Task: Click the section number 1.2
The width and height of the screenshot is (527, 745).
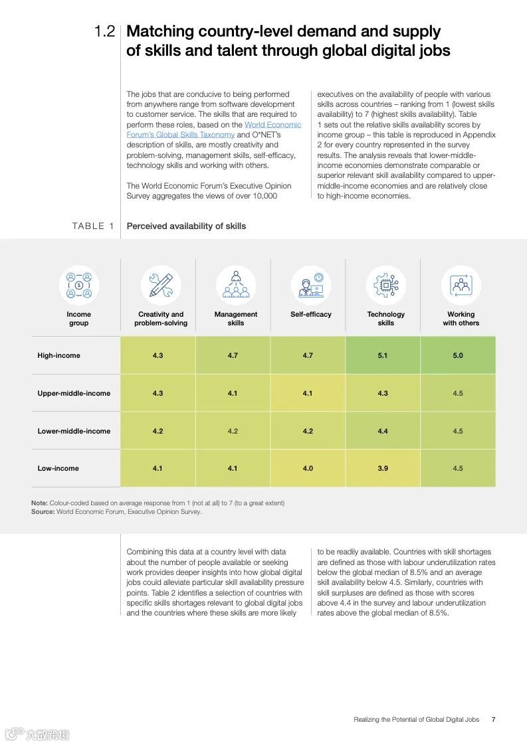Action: click(104, 32)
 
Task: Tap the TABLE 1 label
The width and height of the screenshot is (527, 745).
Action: click(93, 226)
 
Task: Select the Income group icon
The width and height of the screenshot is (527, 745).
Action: click(79, 285)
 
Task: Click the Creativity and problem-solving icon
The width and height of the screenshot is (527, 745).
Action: click(161, 285)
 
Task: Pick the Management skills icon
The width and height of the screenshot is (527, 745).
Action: click(235, 285)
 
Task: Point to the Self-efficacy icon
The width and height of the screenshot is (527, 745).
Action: click(310, 285)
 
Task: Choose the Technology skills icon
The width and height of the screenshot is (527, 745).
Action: click(385, 285)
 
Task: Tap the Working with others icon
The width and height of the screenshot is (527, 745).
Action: click(461, 285)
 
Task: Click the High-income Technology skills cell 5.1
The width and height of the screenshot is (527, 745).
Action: click(383, 356)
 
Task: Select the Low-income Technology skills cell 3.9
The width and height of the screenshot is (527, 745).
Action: click(383, 469)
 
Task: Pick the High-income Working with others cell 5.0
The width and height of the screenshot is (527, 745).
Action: click(458, 356)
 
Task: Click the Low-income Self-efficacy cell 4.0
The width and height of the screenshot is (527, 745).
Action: click(308, 469)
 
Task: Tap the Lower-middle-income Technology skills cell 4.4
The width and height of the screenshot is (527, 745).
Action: click(383, 431)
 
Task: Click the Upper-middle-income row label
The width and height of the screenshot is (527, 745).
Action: click(74, 394)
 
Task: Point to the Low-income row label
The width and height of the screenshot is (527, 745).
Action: click(58, 469)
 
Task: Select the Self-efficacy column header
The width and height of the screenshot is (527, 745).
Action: click(310, 315)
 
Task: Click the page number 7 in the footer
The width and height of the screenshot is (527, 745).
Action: click(493, 719)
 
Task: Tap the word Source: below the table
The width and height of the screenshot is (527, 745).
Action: click(43, 512)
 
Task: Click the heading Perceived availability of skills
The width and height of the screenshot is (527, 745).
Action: click(186, 226)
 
